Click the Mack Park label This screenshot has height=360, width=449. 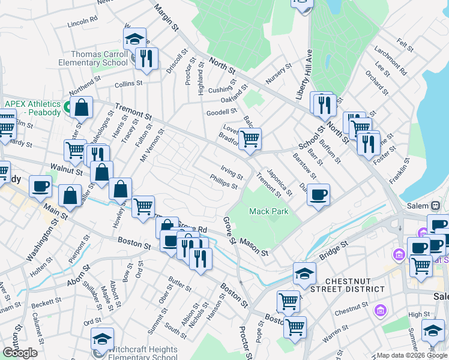coord(269,211)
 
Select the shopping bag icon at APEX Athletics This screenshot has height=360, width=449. coord(82,107)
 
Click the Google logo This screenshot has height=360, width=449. coord(20,353)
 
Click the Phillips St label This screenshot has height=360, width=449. coord(223,181)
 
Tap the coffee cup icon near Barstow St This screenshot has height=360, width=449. coord(318,194)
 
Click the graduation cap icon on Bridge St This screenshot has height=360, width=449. coord(304,274)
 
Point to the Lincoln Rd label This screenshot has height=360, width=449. coord(83,23)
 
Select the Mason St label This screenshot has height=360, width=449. coord(253,247)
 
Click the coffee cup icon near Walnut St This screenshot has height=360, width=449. coord(40,186)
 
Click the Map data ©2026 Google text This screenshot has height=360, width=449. coord(411,355)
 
